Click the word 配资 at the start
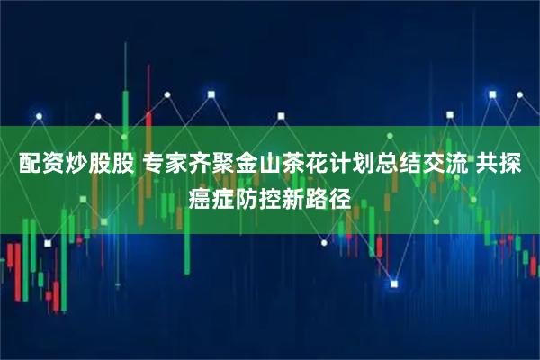pyautogui.click(x=32, y=165)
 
